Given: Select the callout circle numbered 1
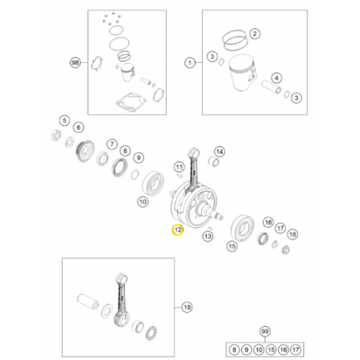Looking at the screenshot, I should pyautogui.click(x=189, y=61).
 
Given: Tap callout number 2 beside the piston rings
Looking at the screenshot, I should pyautogui.click(x=253, y=34).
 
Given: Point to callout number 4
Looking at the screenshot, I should pyautogui.click(x=276, y=78).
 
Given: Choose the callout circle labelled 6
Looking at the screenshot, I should pyautogui.click(x=78, y=127).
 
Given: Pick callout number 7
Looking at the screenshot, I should pyautogui.click(x=111, y=147).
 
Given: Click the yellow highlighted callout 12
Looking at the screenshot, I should pyautogui.click(x=178, y=230).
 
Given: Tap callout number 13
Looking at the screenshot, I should pyautogui.click(x=208, y=235).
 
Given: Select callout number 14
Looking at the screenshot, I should pyautogui.click(x=219, y=152).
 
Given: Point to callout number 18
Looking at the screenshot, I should pyautogui.click(x=292, y=234).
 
